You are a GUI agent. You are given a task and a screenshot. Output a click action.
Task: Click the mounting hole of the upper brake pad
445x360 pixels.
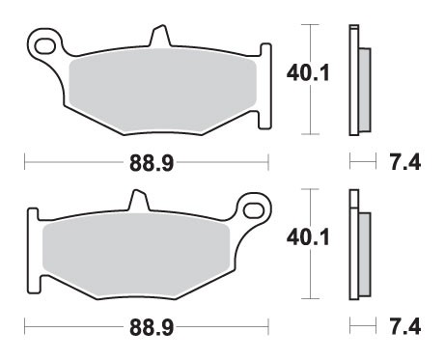pyautogui.click(x=41, y=44)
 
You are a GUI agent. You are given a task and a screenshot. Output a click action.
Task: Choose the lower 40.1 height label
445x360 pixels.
pyautogui.click(x=306, y=238)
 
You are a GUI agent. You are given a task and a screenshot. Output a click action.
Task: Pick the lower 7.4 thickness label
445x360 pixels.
pyautogui.click(x=406, y=328)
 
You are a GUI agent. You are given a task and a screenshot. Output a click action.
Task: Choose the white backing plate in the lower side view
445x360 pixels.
pyautogui.click(x=353, y=246)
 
